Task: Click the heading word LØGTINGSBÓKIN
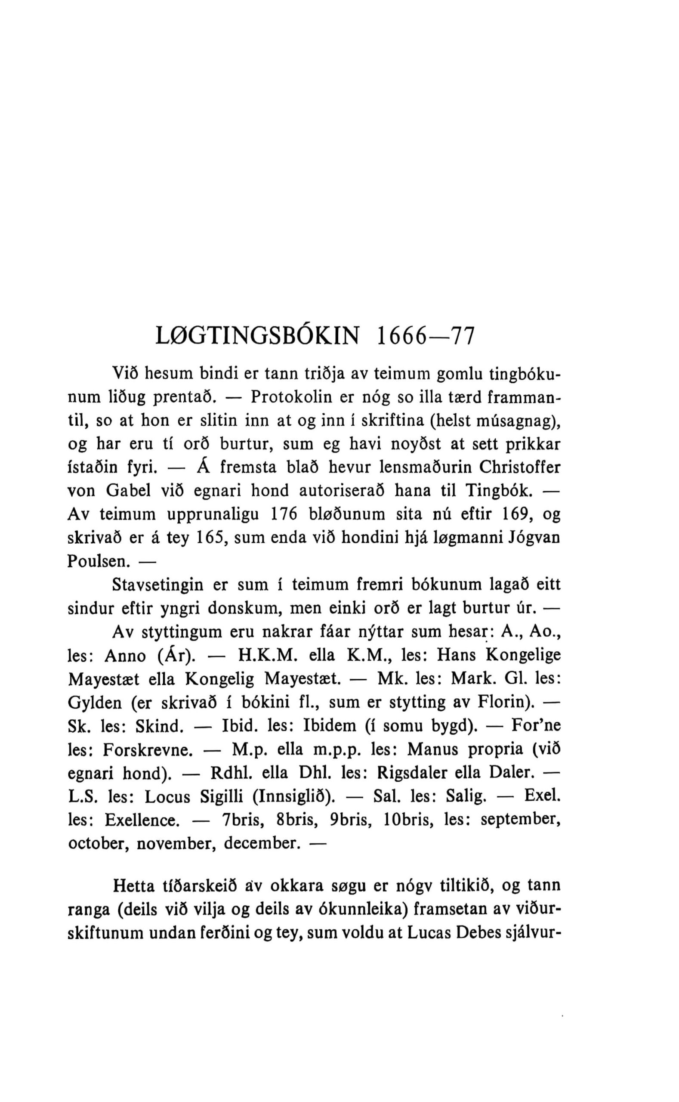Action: (257, 337)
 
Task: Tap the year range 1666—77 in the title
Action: (425, 337)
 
